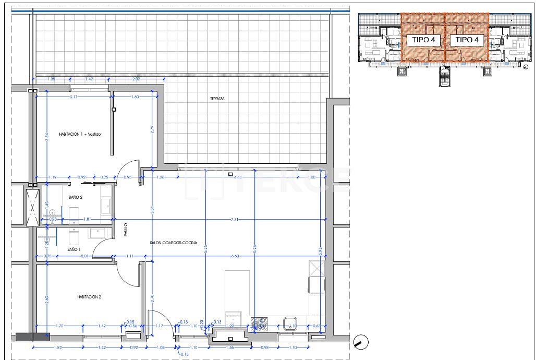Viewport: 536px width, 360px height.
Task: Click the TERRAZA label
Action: point(217,99)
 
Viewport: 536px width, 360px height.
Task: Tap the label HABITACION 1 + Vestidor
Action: point(80,135)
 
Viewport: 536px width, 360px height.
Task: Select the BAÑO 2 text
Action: point(76,197)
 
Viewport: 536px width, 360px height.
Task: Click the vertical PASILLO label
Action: point(126,231)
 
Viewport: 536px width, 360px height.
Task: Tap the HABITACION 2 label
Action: point(89,297)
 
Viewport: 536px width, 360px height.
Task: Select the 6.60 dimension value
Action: point(235,256)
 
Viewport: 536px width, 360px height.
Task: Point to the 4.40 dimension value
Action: point(238,177)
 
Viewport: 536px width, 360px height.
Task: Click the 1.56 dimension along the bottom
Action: point(230,347)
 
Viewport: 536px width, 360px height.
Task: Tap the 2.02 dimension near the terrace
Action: point(136,79)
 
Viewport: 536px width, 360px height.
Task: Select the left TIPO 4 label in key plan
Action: point(423,40)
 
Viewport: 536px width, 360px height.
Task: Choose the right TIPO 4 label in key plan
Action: point(467,40)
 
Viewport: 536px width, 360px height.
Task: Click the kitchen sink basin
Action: point(289,322)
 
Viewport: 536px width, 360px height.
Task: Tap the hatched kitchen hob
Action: point(258,324)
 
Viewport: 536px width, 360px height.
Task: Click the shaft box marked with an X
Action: point(33,207)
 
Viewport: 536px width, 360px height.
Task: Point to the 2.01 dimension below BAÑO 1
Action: point(85,256)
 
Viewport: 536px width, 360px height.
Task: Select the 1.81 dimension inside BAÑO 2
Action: point(88,219)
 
